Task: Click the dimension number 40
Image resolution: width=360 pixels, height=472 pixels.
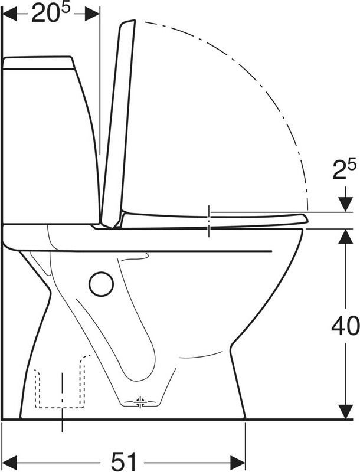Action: pos(345,326)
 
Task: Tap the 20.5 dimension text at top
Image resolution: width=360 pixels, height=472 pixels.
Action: pos(51,12)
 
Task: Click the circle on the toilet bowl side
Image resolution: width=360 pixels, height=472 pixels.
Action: pos(101,284)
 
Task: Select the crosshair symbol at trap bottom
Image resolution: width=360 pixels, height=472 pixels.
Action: pos(140,402)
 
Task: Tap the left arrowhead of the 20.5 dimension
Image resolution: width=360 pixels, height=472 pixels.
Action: pos(9,14)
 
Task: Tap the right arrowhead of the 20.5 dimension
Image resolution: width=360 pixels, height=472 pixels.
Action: pos(92,14)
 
